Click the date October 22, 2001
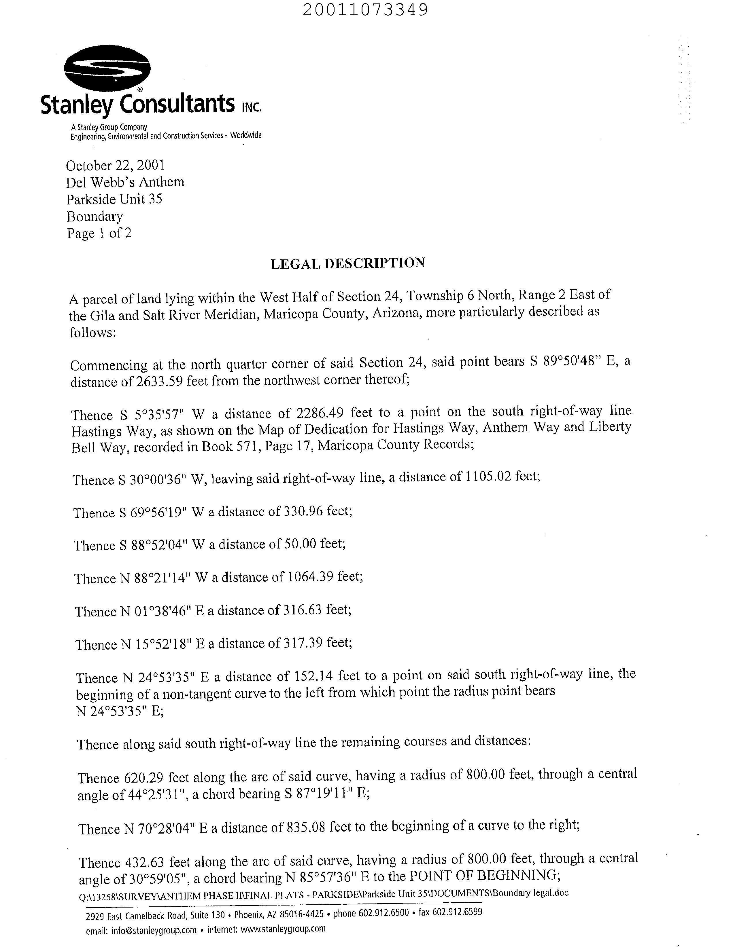pos(115,166)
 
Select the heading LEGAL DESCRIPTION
pos(348,263)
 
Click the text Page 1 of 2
pos(99,233)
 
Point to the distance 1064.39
pos(310,577)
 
